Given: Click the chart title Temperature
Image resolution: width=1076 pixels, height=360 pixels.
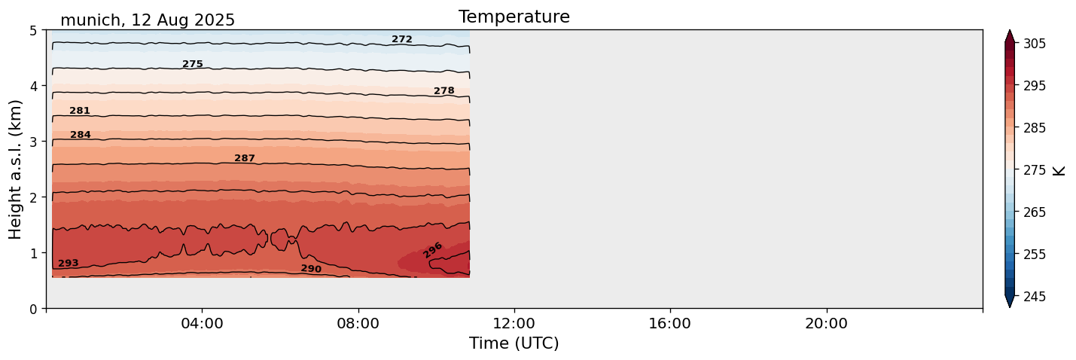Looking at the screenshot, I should [514, 17].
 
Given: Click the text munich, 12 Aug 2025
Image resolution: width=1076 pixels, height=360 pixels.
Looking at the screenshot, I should [148, 20].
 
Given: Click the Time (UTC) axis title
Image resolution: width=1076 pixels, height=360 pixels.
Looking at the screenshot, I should [514, 343].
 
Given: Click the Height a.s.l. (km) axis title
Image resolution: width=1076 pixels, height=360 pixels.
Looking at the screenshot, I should [16, 169].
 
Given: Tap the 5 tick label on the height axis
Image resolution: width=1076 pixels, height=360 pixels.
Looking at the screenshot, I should [33, 30].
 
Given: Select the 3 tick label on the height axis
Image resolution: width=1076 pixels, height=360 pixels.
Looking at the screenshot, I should [33, 142].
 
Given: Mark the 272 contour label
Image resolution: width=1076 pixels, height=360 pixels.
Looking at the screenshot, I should [402, 39].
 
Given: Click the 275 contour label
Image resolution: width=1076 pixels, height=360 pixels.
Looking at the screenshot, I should [193, 64].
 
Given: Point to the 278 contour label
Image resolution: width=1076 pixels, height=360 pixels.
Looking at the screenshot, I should [444, 90].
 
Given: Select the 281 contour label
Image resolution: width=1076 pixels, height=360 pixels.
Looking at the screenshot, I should [80, 111].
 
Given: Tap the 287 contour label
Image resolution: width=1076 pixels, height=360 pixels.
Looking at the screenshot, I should [245, 158].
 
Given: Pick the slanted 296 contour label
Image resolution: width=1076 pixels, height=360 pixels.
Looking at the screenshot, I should [432, 250].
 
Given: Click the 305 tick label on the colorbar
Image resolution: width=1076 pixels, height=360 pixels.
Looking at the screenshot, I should [1032, 44].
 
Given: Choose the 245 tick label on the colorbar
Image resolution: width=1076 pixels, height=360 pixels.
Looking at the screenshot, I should [1032, 297].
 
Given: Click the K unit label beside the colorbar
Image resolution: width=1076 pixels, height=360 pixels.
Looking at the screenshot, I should [1059, 169].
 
